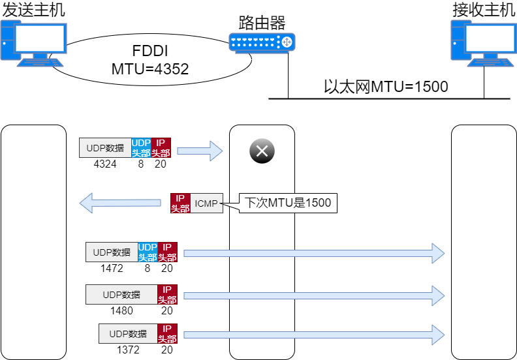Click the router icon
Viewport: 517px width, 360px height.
pyautogui.click(x=262, y=42)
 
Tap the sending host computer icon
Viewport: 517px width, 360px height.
pyautogui.click(x=34, y=44)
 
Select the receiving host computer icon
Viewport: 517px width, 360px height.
pyautogui.click(x=484, y=44)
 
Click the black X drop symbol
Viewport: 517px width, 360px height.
pyautogui.click(x=262, y=151)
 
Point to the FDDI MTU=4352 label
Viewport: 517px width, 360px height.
pyautogui.click(x=150, y=60)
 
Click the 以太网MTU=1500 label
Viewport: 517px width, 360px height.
pyautogui.click(x=386, y=87)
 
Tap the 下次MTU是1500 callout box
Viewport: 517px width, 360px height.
pyautogui.click(x=288, y=203)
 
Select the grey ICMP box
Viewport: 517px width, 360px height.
pyautogui.click(x=206, y=203)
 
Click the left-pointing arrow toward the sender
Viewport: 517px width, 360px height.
pyautogui.click(x=120, y=203)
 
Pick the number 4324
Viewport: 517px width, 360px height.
pyautogui.click(x=105, y=164)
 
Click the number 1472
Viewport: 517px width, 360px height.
pyautogui.click(x=112, y=268)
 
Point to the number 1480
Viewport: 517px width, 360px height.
pyautogui.click(x=121, y=310)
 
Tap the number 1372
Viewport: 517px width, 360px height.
pyautogui.click(x=128, y=350)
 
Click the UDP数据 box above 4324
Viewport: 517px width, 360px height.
pyautogui.click(x=105, y=147)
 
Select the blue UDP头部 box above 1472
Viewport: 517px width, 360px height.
pyautogui.click(x=148, y=252)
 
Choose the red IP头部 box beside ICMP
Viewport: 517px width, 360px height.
pyautogui.click(x=180, y=203)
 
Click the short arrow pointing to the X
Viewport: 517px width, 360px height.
pyautogui.click(x=200, y=151)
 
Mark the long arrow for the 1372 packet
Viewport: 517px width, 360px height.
pyautogui.click(x=314, y=335)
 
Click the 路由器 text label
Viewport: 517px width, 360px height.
pyautogui.click(x=262, y=23)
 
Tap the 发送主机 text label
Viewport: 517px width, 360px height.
pyautogui.click(x=34, y=9)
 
